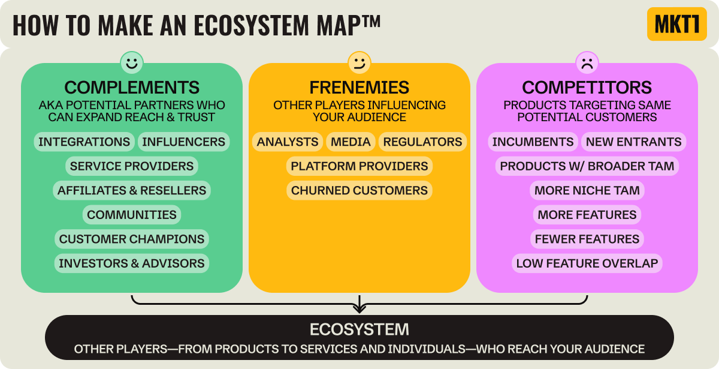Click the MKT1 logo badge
click(676, 24)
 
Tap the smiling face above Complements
click(131, 62)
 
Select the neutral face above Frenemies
click(359, 62)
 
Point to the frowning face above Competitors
click(587, 62)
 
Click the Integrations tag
click(84, 142)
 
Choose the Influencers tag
click(184, 142)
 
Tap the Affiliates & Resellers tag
click(132, 190)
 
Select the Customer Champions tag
click(132, 239)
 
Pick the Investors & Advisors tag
click(132, 263)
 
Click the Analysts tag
click(288, 142)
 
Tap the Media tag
click(351, 142)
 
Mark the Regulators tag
click(422, 142)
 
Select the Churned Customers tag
click(359, 190)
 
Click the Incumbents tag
click(533, 142)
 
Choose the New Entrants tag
click(633, 142)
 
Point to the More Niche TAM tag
click(587, 190)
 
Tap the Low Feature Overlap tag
click(587, 263)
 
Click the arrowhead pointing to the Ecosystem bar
click(359, 308)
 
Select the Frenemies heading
click(359, 87)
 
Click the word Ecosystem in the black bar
click(359, 329)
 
